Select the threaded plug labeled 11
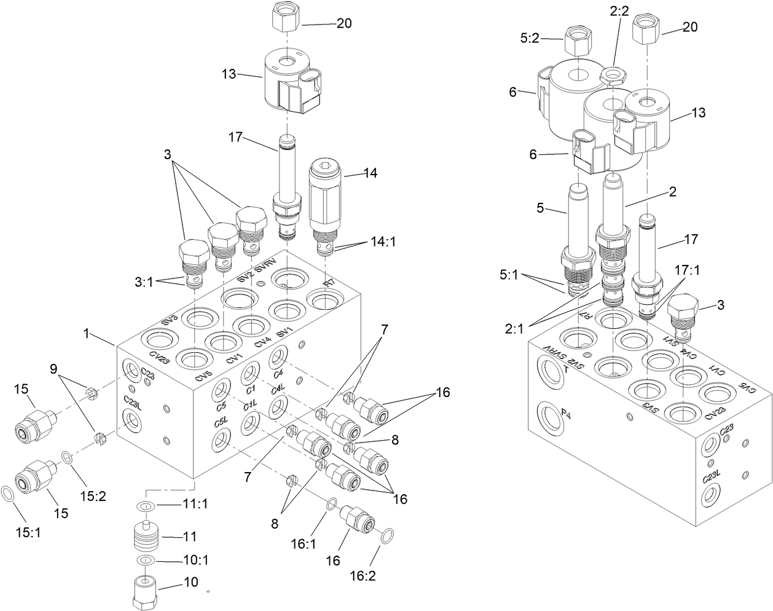146,538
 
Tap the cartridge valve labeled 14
323,206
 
